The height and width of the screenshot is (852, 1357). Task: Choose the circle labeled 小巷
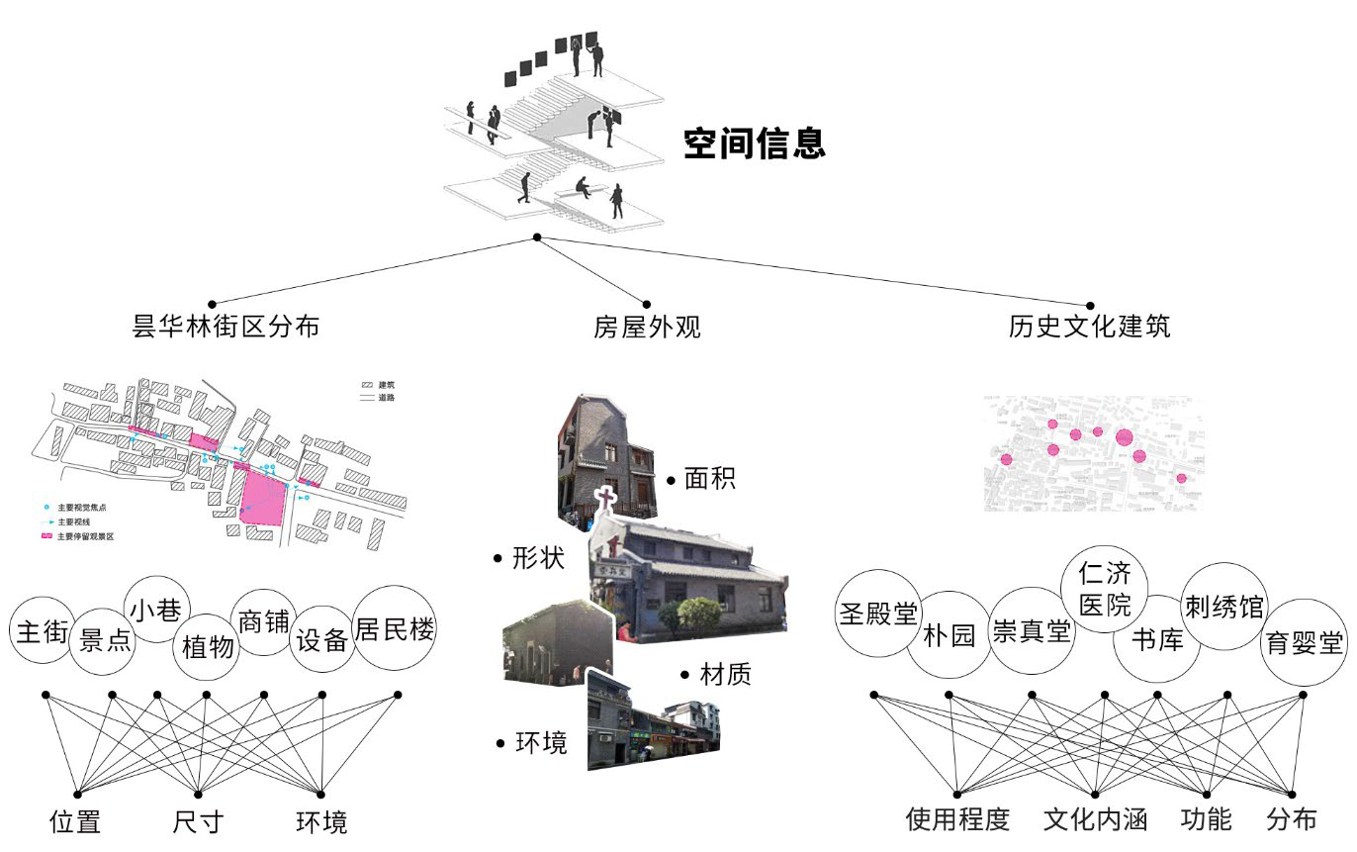click(158, 609)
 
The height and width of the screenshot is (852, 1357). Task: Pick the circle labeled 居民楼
click(395, 629)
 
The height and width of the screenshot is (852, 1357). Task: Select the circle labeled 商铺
click(263, 621)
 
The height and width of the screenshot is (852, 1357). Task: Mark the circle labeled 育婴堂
click(1305, 643)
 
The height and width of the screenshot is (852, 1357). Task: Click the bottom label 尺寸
click(198, 821)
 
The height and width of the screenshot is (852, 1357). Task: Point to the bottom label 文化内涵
click(1094, 819)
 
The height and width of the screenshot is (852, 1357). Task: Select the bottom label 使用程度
click(957, 819)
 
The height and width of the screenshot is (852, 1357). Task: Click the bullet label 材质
click(725, 675)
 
